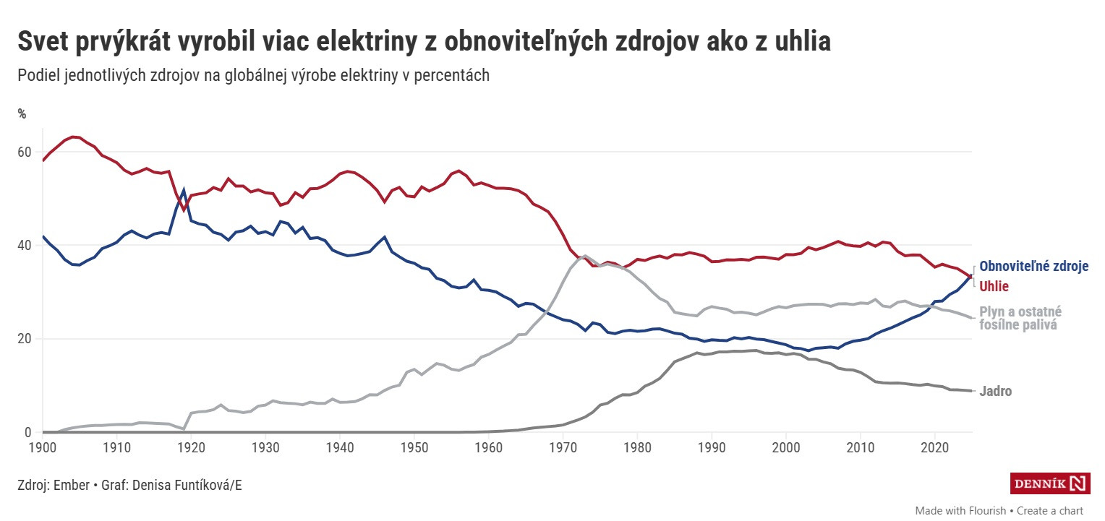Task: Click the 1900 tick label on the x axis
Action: click(43, 446)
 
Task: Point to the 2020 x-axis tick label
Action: click(935, 446)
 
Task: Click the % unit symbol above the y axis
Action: click(22, 113)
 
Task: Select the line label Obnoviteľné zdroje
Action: click(1033, 267)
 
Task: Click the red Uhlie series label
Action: click(994, 286)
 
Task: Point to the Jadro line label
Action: click(996, 392)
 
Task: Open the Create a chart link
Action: click(1050, 510)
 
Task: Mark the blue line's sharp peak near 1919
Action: click(184, 191)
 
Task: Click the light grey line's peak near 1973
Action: click(585, 256)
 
